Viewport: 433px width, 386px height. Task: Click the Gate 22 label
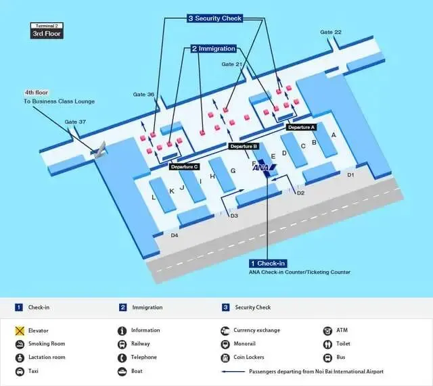click(331, 32)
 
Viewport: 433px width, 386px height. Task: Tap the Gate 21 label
click(232, 64)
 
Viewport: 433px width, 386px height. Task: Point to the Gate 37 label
click(75, 122)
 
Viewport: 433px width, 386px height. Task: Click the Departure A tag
click(301, 127)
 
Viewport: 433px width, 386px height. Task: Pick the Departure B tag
click(244, 146)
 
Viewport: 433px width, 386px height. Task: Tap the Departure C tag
click(184, 166)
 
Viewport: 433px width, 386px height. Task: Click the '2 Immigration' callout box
click(213, 49)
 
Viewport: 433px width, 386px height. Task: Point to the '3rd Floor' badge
click(47, 33)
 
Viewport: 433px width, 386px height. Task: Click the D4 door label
click(174, 235)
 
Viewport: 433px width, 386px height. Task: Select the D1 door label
click(350, 175)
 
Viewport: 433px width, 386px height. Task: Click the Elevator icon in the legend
click(21, 331)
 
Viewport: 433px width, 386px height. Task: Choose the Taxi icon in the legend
click(21, 371)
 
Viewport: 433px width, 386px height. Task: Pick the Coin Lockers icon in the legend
click(225, 358)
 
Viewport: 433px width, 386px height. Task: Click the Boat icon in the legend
click(122, 371)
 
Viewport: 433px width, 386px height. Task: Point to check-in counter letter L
click(154, 197)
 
